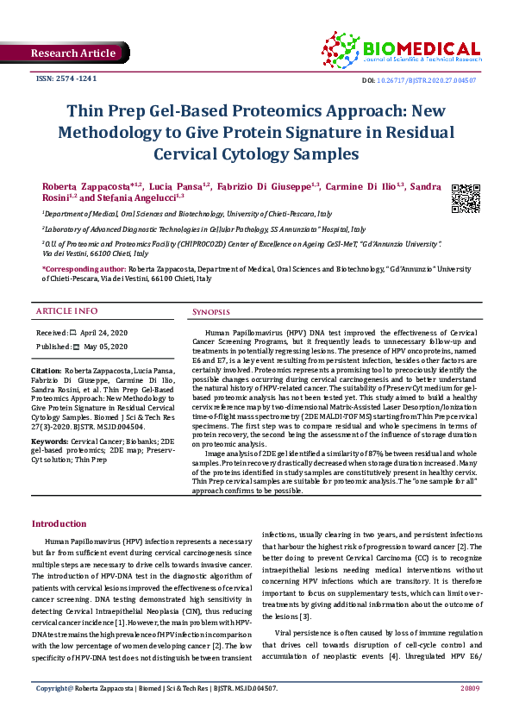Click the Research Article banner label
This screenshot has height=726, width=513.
[72, 53]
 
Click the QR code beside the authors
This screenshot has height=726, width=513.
[466, 198]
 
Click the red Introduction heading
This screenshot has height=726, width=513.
[59, 523]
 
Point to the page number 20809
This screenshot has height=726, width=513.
[469, 713]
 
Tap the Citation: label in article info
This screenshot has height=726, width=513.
[48, 369]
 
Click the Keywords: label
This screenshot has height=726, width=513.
[52, 440]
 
